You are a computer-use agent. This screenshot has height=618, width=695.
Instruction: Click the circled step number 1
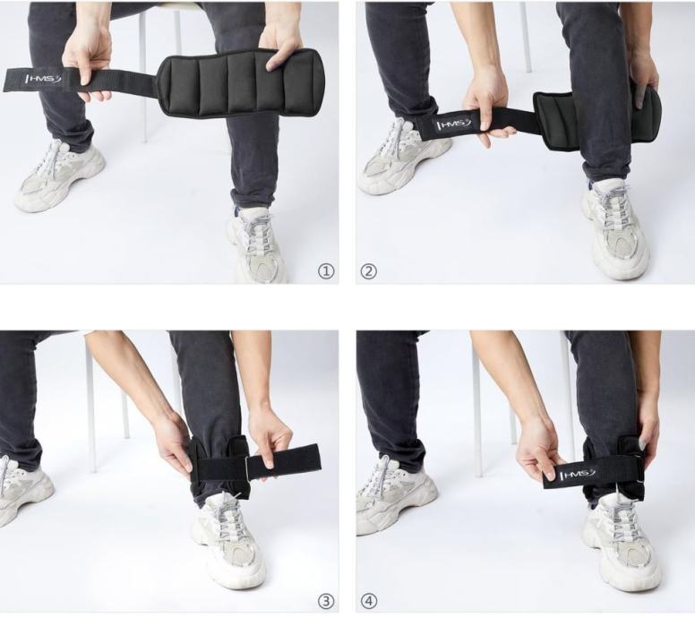326,271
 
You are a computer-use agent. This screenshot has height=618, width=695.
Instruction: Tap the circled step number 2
368,271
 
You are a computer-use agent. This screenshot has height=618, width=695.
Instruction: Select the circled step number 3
326,602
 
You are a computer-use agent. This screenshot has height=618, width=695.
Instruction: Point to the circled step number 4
368,602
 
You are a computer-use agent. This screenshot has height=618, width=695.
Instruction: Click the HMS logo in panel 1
45,80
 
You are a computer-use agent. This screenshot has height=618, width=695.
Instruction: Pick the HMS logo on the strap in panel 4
579,475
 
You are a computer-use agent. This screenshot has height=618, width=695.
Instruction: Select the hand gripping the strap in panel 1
87,57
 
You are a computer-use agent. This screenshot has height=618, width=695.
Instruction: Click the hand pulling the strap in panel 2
486,107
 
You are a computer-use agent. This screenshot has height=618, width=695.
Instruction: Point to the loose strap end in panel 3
284,462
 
